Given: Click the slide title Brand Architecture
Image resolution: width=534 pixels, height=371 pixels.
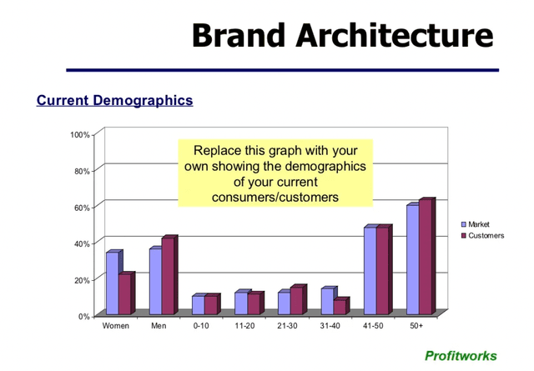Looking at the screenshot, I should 342,35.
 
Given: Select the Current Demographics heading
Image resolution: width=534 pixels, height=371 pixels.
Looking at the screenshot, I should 114,101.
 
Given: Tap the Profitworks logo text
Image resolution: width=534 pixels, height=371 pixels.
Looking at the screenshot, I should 461,356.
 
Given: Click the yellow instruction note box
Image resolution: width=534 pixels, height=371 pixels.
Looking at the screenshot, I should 275,173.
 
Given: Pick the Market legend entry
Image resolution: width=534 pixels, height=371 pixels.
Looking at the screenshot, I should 478,224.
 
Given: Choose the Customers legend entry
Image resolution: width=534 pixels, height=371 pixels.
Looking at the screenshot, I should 485,236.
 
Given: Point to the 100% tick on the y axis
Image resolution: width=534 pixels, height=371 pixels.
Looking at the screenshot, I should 80,134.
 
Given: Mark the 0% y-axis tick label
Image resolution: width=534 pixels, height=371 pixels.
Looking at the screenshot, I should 84,316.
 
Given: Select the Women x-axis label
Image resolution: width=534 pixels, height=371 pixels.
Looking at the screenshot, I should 115,326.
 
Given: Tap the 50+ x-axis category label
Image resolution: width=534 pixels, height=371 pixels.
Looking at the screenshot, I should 416,326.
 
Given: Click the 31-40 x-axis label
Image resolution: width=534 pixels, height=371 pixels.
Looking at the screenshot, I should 330,326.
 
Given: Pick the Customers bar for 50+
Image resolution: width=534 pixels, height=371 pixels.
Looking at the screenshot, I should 425,258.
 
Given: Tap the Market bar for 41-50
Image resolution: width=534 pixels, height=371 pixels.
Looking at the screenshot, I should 370,270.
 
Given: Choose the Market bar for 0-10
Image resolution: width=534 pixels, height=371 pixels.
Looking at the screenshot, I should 198,305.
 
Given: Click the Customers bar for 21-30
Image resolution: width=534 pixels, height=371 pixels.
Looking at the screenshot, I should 296,301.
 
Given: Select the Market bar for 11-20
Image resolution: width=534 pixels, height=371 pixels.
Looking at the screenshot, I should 240,303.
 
